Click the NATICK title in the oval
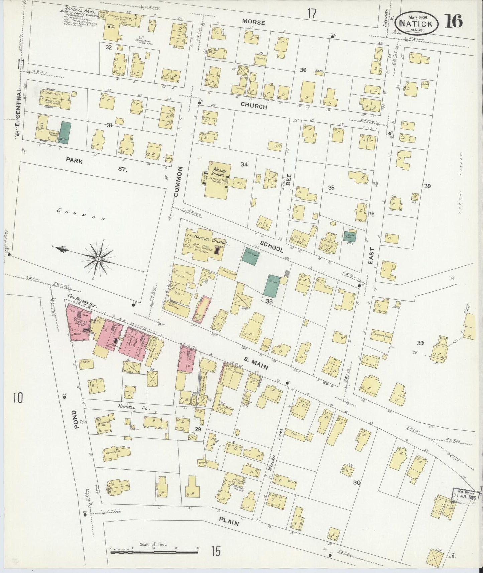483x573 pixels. click(415, 24)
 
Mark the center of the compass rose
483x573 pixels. click(98, 259)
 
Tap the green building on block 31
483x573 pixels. click(65, 133)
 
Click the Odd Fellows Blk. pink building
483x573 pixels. click(79, 323)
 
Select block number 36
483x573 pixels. click(303, 70)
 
